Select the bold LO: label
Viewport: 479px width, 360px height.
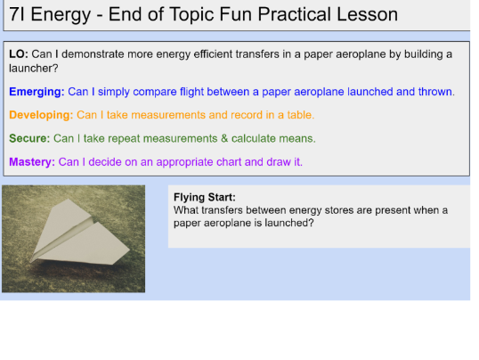pyautogui.click(x=18, y=54)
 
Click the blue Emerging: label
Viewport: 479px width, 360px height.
pyautogui.click(x=37, y=92)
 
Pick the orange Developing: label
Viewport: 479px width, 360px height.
pyautogui.click(x=41, y=115)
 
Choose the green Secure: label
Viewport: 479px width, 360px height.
pyautogui.click(x=29, y=138)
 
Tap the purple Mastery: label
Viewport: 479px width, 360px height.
pyautogui.click(x=32, y=162)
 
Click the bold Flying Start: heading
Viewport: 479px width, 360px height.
pyautogui.click(x=205, y=198)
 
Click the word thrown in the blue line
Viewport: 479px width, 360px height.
pyautogui.click(x=435, y=92)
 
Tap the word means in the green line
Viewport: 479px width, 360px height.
pyautogui.click(x=297, y=138)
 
